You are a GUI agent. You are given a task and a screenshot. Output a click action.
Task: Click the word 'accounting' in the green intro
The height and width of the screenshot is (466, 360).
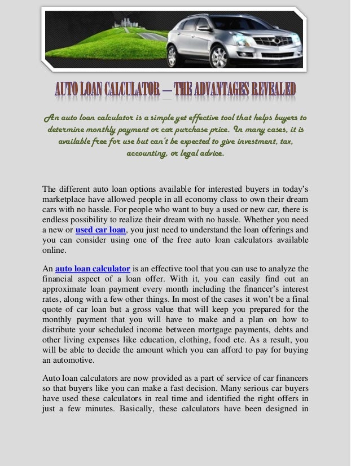[145, 152]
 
